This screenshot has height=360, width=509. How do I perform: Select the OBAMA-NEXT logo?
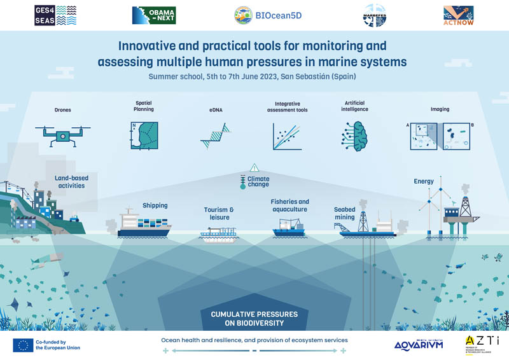(x=153, y=15)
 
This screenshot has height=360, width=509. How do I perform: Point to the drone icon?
(x=62, y=135)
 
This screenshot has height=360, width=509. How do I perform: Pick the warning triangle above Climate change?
(x=254, y=168)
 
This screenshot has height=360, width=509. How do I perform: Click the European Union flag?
(x=24, y=345)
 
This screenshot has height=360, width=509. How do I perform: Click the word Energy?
(x=424, y=181)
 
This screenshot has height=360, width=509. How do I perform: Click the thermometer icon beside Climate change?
(x=243, y=183)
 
